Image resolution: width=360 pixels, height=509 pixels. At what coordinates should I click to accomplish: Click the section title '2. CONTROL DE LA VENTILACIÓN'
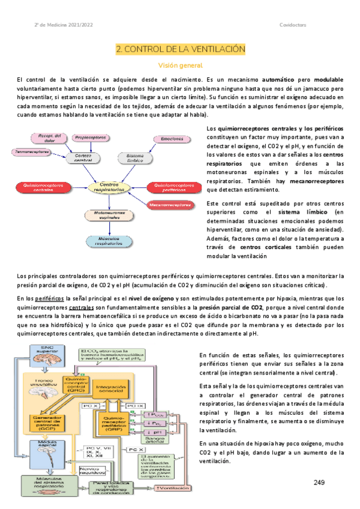pyautogui.click(x=181, y=48)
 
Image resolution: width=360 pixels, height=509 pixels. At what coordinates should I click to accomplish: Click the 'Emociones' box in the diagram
pyautogui.click(x=172, y=139)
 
